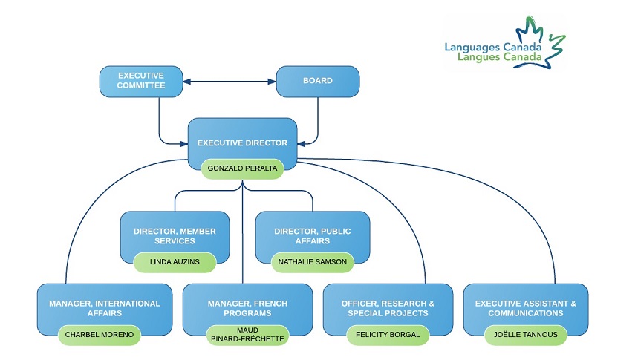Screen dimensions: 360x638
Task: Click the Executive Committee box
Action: [x=141, y=81]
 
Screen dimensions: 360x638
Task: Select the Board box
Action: [x=318, y=81]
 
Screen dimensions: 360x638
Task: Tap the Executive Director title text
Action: [x=242, y=143]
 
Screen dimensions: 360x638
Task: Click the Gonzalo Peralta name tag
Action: [x=242, y=168]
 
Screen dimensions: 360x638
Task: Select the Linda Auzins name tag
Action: [x=175, y=262]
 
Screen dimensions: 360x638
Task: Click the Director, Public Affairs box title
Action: [x=312, y=236]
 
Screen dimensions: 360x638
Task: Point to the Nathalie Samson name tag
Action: [x=312, y=262]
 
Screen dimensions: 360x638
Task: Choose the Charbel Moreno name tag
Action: [x=99, y=335]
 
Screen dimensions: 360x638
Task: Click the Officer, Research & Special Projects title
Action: [x=388, y=308]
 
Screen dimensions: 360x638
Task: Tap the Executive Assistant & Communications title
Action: [x=524, y=308]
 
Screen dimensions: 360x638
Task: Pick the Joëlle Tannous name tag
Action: [x=524, y=335]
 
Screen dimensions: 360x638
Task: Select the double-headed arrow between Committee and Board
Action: [x=230, y=81]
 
